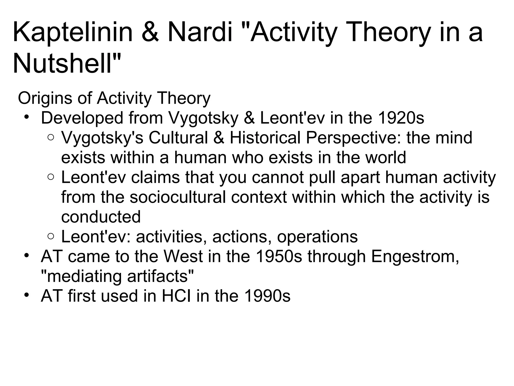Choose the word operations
(317, 237)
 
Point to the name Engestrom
(415, 257)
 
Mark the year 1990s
(267, 296)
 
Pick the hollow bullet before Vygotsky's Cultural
(50, 137)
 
